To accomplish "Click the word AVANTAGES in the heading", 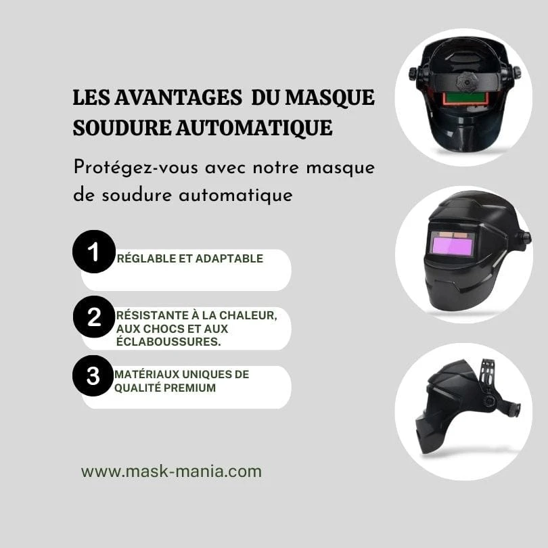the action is coord(178,97).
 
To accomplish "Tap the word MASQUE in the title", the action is coord(329,98).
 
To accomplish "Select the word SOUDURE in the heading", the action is coord(122,128).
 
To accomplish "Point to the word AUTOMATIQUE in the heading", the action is coord(254,129).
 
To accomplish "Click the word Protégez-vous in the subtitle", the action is coord(135,168).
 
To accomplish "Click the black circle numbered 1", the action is coord(93,252).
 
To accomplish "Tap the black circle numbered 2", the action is coord(94,317).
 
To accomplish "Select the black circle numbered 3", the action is coord(93,375).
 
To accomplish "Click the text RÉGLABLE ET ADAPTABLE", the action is coord(190,258).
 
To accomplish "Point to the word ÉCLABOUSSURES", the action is coord(168,342).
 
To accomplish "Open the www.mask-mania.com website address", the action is coord(171,472).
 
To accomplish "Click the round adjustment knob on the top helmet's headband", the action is coord(467,82).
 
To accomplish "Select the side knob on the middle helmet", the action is coord(525,238).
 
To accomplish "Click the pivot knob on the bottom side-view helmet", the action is coord(489,400).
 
